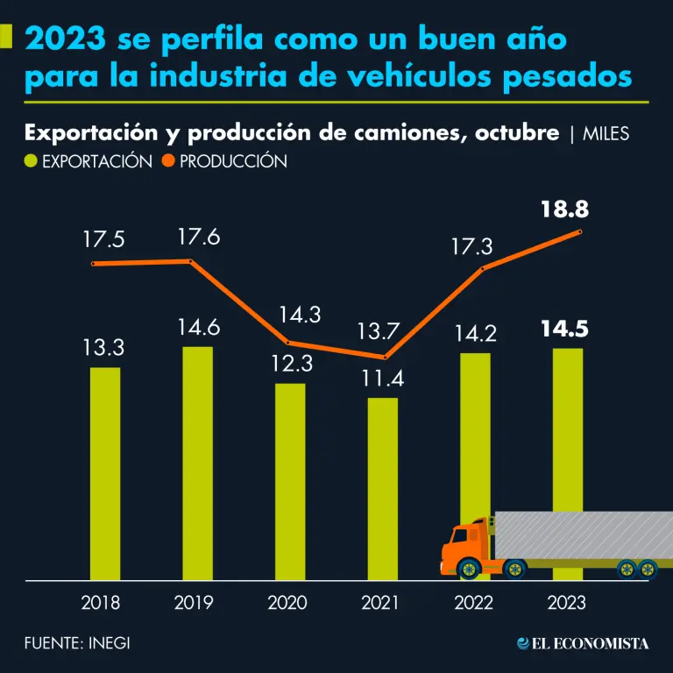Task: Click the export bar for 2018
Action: (105, 473)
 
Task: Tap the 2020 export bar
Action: (290, 481)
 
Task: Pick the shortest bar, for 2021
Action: (382, 488)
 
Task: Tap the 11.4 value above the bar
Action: (382, 379)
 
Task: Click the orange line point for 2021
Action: (383, 358)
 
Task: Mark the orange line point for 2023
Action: (579, 231)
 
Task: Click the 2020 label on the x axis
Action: (288, 603)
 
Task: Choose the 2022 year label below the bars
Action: (473, 603)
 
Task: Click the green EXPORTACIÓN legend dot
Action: (32, 161)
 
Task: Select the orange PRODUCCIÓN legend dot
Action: (168, 161)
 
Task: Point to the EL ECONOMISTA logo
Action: (584, 643)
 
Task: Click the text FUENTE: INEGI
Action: (78, 643)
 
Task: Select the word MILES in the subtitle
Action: (606, 133)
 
